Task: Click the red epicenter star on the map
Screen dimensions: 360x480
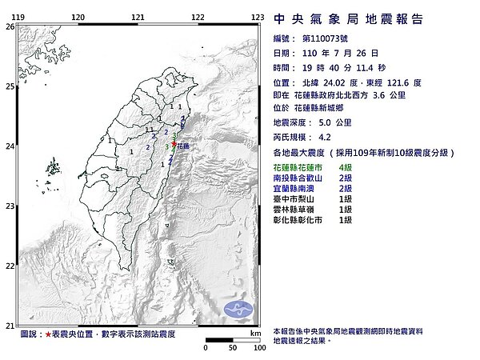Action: [174, 144]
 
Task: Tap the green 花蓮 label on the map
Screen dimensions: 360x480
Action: [184, 147]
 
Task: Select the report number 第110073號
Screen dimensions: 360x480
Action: [330, 38]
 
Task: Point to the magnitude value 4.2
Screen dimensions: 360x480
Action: [323, 137]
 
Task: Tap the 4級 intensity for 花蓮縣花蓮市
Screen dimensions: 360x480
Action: [346, 165]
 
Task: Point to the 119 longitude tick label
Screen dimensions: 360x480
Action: [18, 16]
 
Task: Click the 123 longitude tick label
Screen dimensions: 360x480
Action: [258, 16]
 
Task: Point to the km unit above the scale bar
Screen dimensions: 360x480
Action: [254, 332]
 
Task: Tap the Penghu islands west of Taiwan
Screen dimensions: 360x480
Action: [54, 168]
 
